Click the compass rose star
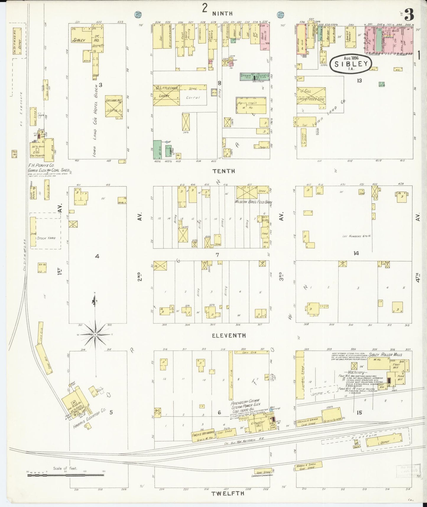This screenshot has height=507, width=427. click(x=95, y=335)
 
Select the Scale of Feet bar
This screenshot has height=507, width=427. click(x=66, y=476)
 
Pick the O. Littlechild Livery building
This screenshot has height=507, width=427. click(x=166, y=95)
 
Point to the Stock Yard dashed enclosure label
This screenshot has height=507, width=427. click(x=46, y=238)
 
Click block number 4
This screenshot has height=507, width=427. click(x=97, y=256)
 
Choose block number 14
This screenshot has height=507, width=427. click(x=356, y=253)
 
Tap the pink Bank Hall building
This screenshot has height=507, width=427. click(x=265, y=37)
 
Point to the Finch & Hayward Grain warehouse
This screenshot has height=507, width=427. click(x=203, y=436)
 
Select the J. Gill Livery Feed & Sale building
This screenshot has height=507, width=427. click(x=311, y=96)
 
